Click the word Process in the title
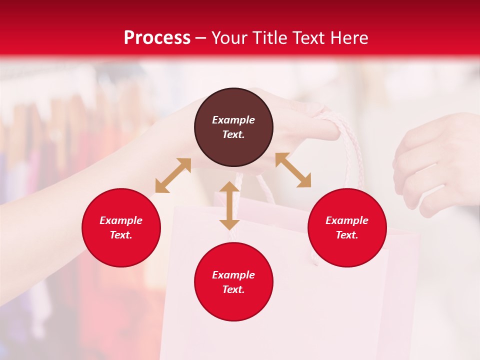(157, 38)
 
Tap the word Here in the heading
(348, 38)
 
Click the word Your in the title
(230, 38)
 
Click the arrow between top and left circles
(173, 175)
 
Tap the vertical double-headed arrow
(229, 205)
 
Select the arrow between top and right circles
(293, 170)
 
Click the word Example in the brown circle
(233, 120)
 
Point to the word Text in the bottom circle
(233, 289)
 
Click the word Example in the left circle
(121, 220)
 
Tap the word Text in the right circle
(346, 235)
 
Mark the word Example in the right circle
(347, 220)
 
